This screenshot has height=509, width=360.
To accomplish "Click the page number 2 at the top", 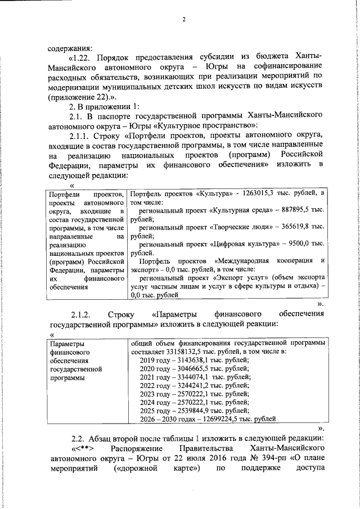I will (183, 20).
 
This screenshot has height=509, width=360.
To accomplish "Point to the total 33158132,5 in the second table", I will (190, 352).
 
